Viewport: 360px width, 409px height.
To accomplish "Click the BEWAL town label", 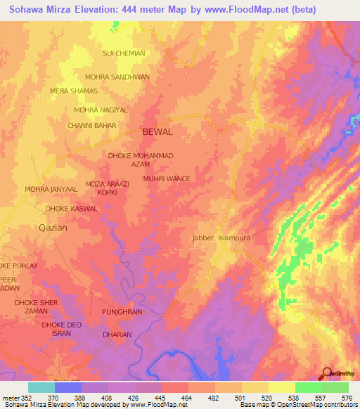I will (x=157, y=131).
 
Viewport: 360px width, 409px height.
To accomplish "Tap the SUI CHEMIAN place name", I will (x=124, y=53).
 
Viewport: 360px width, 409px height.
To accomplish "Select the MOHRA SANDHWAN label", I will (x=117, y=77).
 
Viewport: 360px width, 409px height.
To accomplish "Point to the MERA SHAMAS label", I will (x=78, y=91).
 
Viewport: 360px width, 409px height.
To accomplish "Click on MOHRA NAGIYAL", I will (x=101, y=110).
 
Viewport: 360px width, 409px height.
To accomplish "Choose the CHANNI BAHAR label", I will (x=91, y=125).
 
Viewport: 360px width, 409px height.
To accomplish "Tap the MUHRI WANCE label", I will (x=167, y=179).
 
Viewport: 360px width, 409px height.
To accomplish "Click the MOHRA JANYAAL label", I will (x=51, y=190).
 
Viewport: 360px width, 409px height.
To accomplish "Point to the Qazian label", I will (x=52, y=228).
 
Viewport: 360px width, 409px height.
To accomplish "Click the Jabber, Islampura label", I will (x=221, y=238).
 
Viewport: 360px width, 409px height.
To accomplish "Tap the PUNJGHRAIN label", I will (x=122, y=311).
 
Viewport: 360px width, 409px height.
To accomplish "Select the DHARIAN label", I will (x=117, y=335).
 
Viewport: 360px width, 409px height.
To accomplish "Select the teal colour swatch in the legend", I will (x=41, y=387).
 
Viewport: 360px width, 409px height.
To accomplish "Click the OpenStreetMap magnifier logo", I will (x=326, y=375).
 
